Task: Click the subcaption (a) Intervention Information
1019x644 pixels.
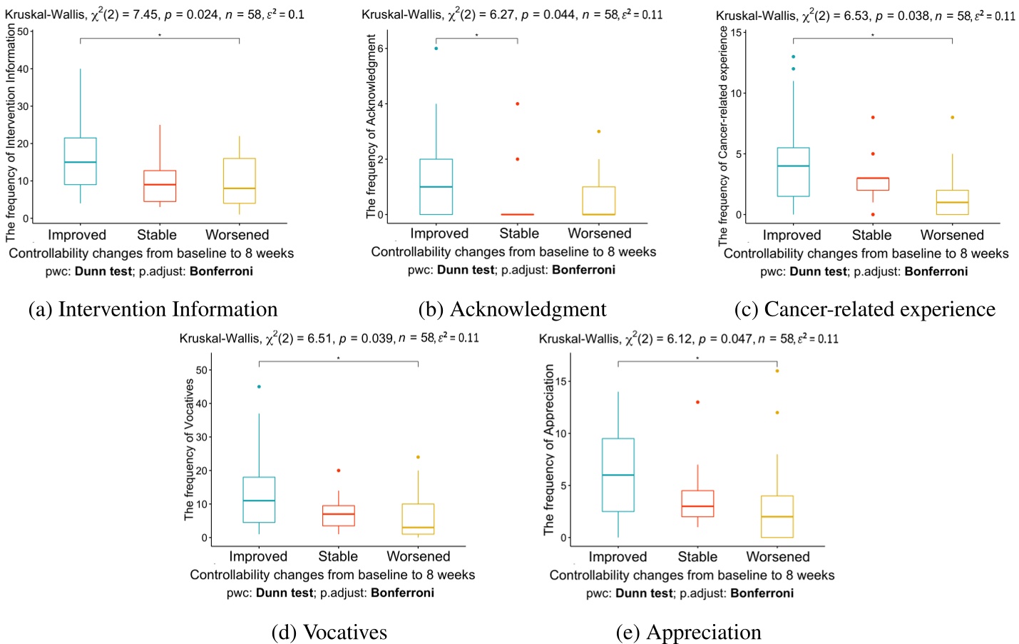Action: coord(153,309)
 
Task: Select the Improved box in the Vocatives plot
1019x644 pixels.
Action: coord(259,500)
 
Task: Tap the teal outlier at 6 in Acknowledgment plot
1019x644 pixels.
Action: coord(436,49)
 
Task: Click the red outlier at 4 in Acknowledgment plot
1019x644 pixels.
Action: coord(518,104)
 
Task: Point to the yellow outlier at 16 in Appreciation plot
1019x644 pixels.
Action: coord(777,371)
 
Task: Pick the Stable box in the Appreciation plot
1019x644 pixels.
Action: coord(697,503)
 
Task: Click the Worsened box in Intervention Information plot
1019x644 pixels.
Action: coord(239,181)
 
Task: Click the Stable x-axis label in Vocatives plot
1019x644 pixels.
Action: coord(338,556)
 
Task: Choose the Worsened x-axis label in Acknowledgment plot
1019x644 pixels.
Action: coord(599,233)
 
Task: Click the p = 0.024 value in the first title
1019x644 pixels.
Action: coord(192,14)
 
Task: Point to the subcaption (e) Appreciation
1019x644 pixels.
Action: coord(688,633)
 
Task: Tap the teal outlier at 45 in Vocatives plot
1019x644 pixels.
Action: coord(259,386)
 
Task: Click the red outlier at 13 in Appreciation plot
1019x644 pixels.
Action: coord(697,402)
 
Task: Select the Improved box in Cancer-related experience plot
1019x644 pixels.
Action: coord(793,172)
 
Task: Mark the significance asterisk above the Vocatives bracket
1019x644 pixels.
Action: coord(338,358)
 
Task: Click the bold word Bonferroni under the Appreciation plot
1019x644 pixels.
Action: coord(762,593)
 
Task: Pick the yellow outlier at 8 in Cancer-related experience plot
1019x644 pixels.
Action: coord(952,117)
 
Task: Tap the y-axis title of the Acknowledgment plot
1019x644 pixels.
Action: coord(371,126)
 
